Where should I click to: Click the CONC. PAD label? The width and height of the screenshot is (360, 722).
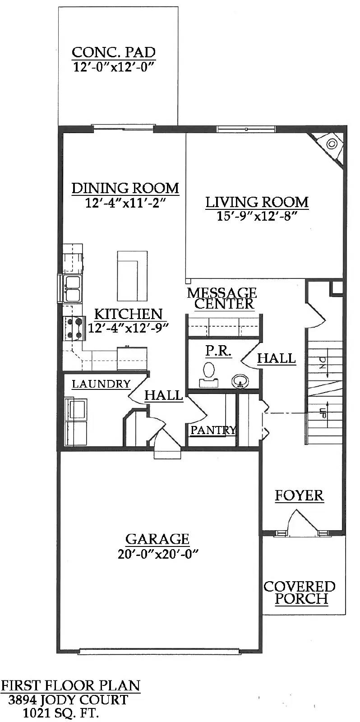point(114,52)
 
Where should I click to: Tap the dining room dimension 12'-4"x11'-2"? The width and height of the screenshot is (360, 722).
point(126,203)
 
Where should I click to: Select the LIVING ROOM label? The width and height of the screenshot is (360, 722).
point(257,202)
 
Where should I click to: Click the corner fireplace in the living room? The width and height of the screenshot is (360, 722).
point(332,145)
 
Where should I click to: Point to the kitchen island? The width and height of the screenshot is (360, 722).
point(132,276)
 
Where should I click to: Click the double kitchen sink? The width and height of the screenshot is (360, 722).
point(72,288)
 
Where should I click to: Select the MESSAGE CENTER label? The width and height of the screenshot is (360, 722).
point(222,298)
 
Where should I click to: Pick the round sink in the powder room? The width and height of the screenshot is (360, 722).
point(240,381)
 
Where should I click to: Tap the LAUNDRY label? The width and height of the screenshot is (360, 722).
point(101,384)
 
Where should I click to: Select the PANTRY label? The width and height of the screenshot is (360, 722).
point(213,430)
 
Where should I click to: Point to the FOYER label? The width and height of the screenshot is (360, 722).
point(300,495)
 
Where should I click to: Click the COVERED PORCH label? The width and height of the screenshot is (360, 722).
point(299,592)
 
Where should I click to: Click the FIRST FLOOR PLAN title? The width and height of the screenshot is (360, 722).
point(70,686)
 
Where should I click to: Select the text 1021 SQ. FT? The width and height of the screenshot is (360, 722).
point(61,713)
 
